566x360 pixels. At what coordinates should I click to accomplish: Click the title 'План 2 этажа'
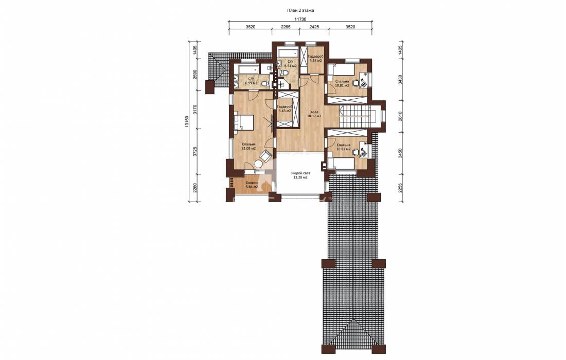click(300, 10)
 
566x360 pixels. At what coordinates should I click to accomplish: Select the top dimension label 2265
click(286, 27)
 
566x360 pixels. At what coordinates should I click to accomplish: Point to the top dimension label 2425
click(314, 27)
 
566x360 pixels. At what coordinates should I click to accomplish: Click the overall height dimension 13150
click(187, 121)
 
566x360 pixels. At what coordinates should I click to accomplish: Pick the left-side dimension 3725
click(194, 152)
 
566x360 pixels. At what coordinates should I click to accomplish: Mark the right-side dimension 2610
click(400, 116)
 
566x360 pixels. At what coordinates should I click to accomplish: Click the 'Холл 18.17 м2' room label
click(314, 114)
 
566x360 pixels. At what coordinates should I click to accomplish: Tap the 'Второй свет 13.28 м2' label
click(300, 175)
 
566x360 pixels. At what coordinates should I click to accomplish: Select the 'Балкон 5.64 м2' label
click(252, 185)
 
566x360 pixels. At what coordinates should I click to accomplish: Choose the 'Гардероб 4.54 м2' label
click(315, 59)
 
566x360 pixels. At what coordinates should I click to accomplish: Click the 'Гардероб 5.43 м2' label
click(284, 109)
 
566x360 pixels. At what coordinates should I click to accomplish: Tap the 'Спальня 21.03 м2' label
click(249, 146)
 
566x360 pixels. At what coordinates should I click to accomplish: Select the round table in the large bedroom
click(259, 164)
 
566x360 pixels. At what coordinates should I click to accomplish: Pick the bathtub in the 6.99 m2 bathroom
click(246, 69)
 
